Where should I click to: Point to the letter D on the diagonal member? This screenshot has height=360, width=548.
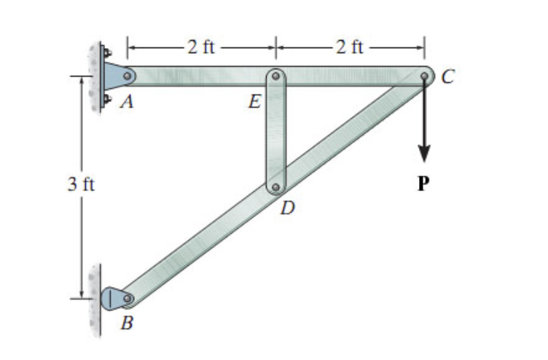(x=289, y=209)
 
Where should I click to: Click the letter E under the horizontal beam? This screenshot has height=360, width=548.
(x=254, y=102)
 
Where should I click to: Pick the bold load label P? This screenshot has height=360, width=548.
(x=423, y=184)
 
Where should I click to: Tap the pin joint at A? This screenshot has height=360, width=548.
(x=127, y=74)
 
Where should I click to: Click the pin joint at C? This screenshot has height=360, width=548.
(x=424, y=74)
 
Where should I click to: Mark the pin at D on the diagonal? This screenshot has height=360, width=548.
(x=275, y=187)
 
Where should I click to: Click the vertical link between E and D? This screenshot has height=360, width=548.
(x=275, y=131)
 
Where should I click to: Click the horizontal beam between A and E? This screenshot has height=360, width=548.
(x=200, y=74)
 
